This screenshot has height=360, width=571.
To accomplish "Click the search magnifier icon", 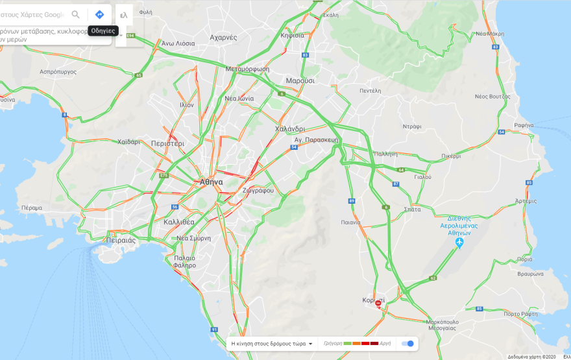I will (x=76, y=14).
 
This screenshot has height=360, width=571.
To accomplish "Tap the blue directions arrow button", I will (x=99, y=14).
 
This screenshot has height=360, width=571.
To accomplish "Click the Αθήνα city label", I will (x=211, y=182).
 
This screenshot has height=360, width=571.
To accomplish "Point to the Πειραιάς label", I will (x=121, y=240).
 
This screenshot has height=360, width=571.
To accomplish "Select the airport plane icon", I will (x=459, y=243).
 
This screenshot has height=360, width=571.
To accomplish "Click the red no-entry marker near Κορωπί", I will (x=378, y=304).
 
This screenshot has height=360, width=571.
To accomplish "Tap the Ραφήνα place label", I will (x=523, y=125).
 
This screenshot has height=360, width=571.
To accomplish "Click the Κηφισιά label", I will (x=292, y=36).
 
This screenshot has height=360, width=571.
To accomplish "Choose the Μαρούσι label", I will (x=300, y=81).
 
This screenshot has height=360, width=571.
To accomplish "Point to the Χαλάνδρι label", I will (x=289, y=128).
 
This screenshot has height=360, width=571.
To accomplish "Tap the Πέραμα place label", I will (x=31, y=208).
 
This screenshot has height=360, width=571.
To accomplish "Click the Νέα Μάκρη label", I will (x=490, y=33).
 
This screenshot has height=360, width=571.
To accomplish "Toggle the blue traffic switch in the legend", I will (x=407, y=343).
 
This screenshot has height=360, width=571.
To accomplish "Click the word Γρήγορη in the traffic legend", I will (x=332, y=343).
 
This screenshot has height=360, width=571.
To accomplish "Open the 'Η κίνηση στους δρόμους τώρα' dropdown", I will (x=273, y=343).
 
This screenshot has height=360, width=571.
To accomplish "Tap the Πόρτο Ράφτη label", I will (x=520, y=314).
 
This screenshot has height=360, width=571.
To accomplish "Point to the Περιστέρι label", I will (x=167, y=143).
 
